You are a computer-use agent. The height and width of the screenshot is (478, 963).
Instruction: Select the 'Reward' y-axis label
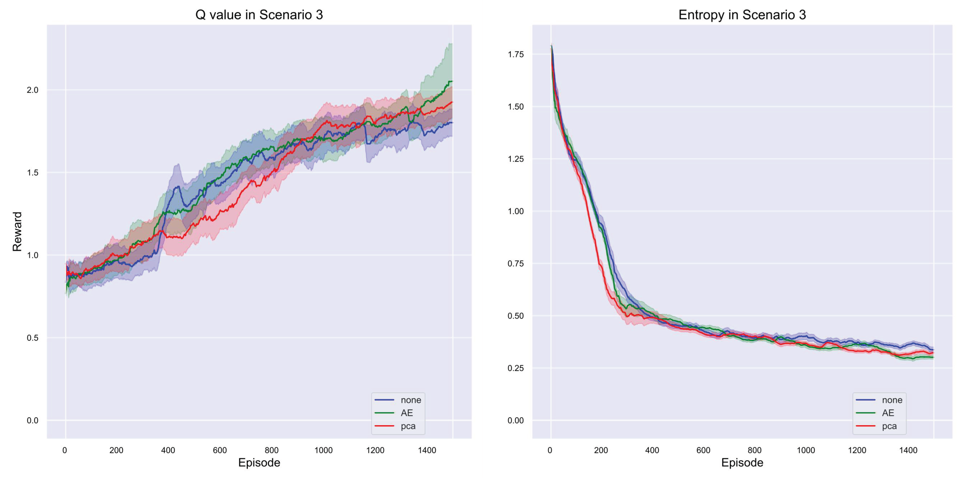tap(17, 231)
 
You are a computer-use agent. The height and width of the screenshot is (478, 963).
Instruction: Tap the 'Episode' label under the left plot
tap(259, 462)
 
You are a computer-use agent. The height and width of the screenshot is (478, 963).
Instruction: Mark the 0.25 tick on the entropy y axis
tap(515, 368)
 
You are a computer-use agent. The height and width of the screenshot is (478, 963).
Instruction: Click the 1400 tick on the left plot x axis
tap(427, 450)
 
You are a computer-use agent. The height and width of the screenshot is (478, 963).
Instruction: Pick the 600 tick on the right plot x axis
tap(703, 450)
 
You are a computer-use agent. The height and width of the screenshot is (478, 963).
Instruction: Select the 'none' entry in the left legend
tap(410, 400)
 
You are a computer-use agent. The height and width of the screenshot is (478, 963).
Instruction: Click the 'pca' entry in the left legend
tap(408, 426)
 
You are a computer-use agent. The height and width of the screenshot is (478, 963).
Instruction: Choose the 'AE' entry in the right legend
tap(888, 413)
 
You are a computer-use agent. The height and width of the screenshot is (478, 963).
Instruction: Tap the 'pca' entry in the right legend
tap(889, 426)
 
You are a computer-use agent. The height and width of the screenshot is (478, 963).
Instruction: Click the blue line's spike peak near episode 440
tap(179, 186)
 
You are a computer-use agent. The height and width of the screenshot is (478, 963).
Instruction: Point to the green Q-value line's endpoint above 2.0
tap(451, 81)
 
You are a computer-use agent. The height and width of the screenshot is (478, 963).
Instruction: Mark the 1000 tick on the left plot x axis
tap(323, 450)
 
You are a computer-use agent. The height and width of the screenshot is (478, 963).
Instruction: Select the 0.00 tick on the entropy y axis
tap(515, 420)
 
